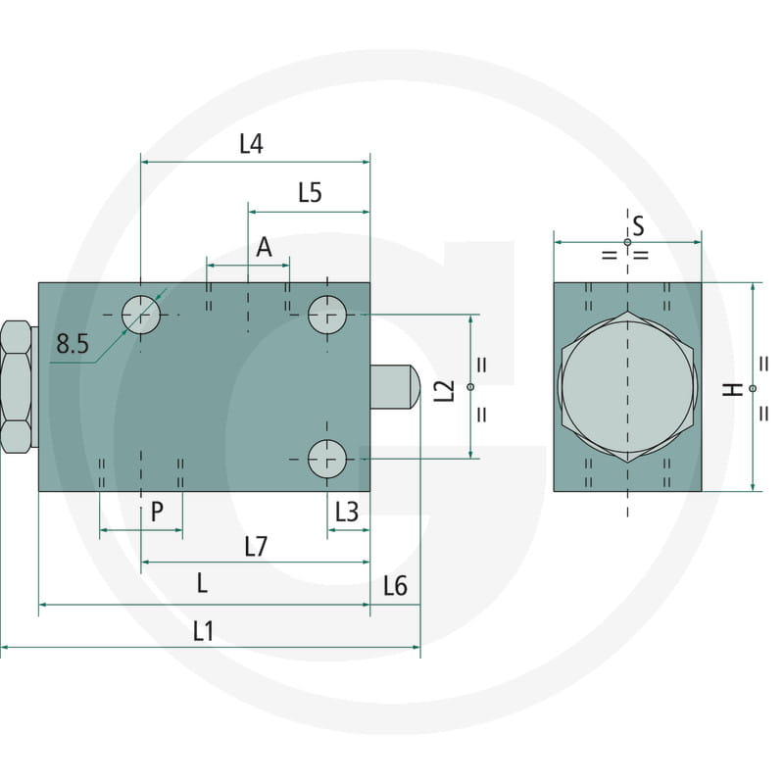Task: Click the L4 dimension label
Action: (x=252, y=144)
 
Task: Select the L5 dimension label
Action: (x=310, y=193)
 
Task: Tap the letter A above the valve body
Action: (x=264, y=248)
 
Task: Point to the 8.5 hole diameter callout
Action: (x=73, y=344)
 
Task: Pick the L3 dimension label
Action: (x=347, y=512)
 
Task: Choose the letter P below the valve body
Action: (x=157, y=512)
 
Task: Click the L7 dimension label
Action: (x=255, y=547)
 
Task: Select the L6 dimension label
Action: (x=395, y=586)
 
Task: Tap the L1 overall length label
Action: (x=203, y=632)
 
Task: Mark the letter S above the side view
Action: (x=638, y=227)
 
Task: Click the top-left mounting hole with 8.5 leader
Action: (x=141, y=315)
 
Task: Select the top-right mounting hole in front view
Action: (x=327, y=315)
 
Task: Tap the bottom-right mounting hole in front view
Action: (x=327, y=459)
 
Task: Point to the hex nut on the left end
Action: (x=16, y=386)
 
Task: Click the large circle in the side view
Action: (x=627, y=386)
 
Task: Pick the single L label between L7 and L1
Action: (x=202, y=584)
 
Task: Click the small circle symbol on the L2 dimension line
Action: (x=471, y=387)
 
